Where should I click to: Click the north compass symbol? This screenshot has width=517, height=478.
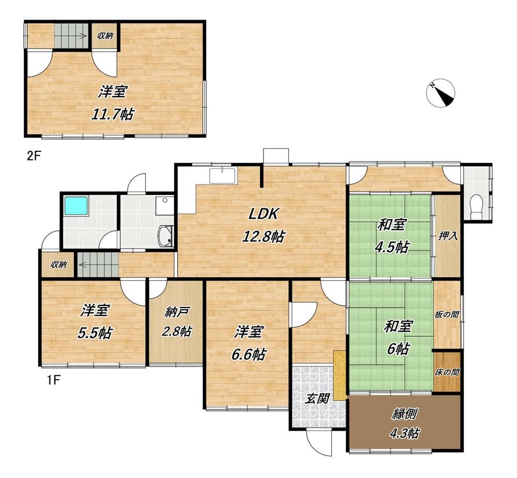[x=441, y=93]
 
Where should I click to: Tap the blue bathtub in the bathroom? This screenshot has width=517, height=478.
[x=76, y=206]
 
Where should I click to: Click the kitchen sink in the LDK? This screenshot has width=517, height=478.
[x=223, y=176]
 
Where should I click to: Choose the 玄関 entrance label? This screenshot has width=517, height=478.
[x=317, y=399]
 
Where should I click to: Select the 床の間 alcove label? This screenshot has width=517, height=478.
[x=447, y=373]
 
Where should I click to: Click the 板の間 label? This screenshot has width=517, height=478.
[x=447, y=315]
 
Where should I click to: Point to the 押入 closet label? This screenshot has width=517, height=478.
[x=447, y=236]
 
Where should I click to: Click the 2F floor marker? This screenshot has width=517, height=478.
[x=33, y=155]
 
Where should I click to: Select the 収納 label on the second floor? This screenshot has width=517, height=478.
[x=105, y=36]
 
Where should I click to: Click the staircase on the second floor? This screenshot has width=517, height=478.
[x=70, y=36]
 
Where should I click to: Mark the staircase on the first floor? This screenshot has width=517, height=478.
[x=98, y=264]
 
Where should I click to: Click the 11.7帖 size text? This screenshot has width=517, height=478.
[x=112, y=114]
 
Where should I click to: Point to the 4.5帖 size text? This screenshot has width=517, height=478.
[x=391, y=247]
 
